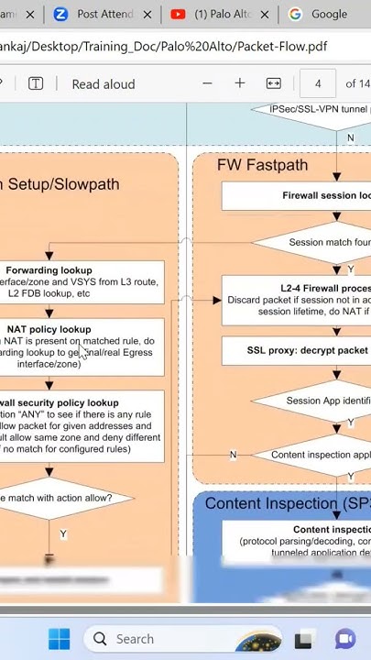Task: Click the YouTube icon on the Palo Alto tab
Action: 178,15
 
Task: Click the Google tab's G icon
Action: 295,15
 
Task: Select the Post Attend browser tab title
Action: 104,15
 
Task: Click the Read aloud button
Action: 103,84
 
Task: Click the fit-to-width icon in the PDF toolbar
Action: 273,83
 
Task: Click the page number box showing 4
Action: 317,84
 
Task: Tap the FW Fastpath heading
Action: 262,165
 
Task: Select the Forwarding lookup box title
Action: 49,270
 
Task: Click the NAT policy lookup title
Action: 49,329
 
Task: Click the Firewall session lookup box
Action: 325,195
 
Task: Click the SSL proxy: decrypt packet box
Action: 307,350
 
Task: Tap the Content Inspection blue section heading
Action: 287,504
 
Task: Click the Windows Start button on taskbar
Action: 59,638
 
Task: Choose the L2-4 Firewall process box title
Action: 324,288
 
